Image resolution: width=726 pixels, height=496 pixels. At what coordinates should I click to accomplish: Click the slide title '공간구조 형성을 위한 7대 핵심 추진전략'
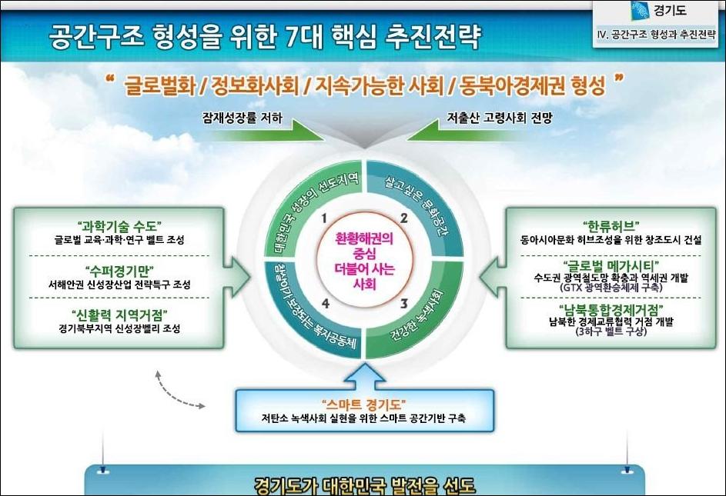click(x=264, y=37)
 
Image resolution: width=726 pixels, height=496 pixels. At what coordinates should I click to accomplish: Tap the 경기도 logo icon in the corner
click(x=641, y=11)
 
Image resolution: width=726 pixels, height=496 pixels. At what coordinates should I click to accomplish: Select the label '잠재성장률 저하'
click(x=243, y=118)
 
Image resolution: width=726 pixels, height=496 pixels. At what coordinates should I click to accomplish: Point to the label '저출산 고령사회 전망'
click(x=500, y=118)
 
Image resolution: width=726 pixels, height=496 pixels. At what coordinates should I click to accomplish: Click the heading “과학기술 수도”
click(x=119, y=227)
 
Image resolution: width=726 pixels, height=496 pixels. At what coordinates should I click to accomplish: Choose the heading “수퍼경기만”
click(x=119, y=271)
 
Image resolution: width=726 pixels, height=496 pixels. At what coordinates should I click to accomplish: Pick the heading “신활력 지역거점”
click(x=119, y=315)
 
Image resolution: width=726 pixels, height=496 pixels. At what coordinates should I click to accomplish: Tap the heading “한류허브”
click(x=611, y=226)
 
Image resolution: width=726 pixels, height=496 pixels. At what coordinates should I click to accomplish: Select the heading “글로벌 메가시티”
click(x=611, y=266)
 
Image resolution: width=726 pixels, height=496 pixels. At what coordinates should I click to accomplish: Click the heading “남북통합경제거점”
click(x=611, y=310)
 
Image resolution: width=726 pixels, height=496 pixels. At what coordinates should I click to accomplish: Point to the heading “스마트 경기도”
click(x=364, y=404)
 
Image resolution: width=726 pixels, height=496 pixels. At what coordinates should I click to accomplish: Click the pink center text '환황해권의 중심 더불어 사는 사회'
click(x=364, y=261)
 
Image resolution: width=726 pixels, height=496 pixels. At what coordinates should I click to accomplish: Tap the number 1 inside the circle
click(x=324, y=218)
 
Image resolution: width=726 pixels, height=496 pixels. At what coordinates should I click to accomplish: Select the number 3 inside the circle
click(x=403, y=304)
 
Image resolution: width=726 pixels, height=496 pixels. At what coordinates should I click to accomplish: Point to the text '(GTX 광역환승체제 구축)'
click(x=611, y=288)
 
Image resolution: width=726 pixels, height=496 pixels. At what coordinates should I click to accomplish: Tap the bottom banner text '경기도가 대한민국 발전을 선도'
click(x=365, y=486)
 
